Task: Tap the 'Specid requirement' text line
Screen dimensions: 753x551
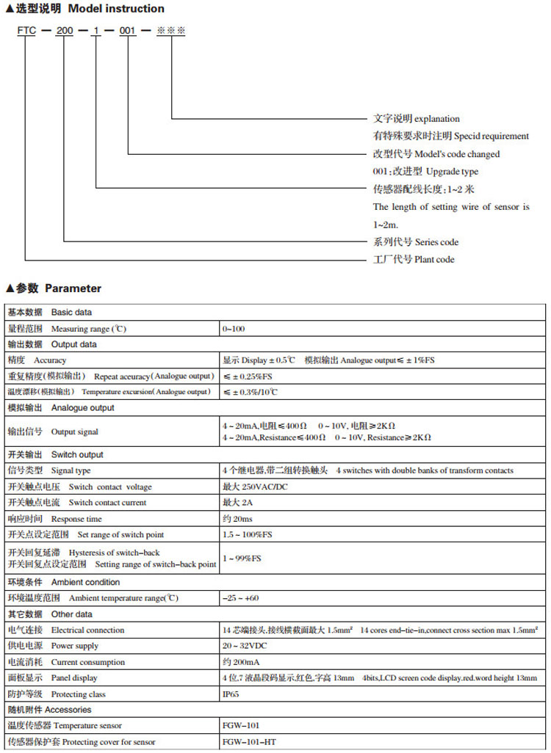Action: point(450,137)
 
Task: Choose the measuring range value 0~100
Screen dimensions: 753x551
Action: point(234,329)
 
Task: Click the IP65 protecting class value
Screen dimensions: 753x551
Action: point(231,694)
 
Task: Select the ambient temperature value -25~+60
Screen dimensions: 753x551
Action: point(240,598)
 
